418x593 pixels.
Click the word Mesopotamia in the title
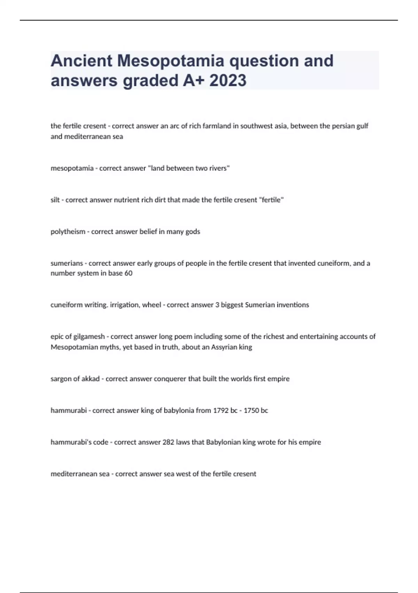[x=171, y=61]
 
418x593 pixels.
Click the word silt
[x=55, y=200]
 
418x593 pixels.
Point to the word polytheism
[x=68, y=232]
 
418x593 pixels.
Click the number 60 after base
[x=129, y=273]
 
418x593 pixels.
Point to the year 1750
[x=251, y=411]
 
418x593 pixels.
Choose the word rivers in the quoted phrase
[x=218, y=168]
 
